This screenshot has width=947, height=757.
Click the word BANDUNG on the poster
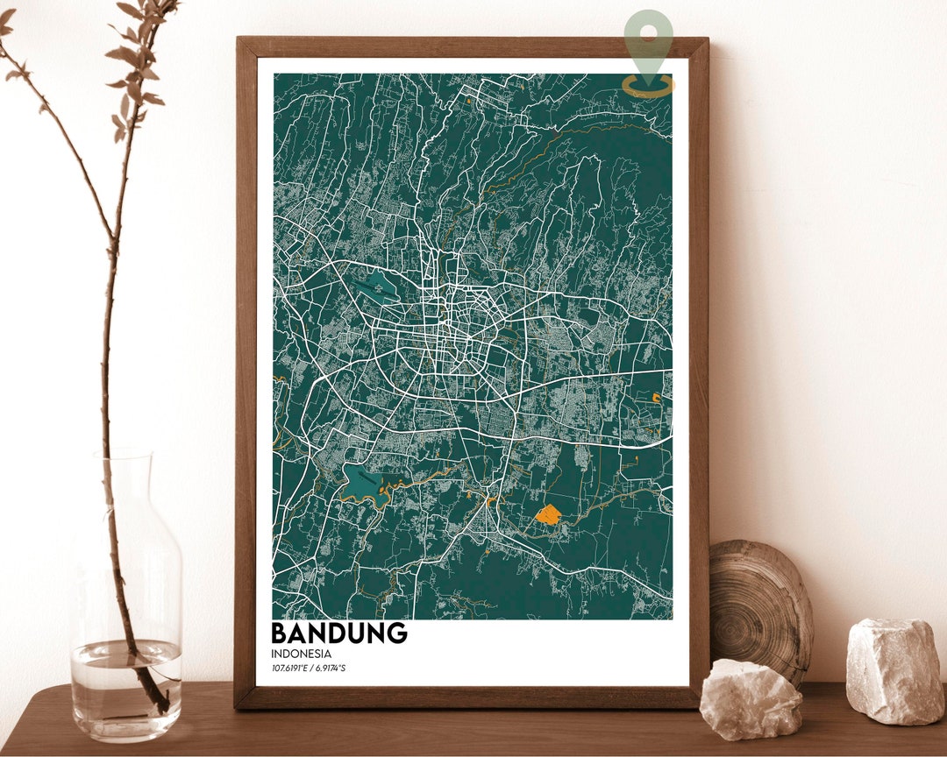(x=338, y=633)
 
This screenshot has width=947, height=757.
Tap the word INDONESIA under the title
(x=301, y=654)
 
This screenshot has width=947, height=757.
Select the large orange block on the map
(x=548, y=514)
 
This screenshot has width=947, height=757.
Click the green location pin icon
(x=649, y=39)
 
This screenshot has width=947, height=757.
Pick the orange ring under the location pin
(x=649, y=86)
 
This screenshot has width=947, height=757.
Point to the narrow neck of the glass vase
(x=125, y=491)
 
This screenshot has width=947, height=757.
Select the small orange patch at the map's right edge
(x=656, y=399)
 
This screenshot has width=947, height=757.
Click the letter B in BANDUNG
(x=281, y=633)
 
